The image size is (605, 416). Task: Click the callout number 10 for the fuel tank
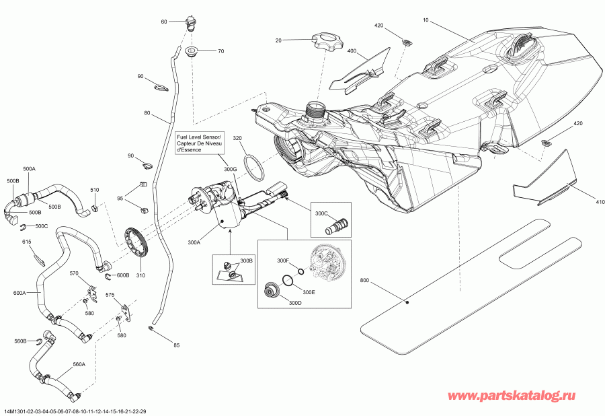[425, 22]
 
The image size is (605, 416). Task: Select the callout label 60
[163, 22]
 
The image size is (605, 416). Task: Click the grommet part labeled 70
[191, 51]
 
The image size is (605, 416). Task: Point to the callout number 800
[364, 280]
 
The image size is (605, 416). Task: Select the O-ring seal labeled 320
[254, 167]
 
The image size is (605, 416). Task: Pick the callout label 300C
[320, 214]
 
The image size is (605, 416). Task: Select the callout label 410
[581, 200]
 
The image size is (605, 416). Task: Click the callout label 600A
[20, 293]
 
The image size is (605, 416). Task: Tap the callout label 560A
[79, 364]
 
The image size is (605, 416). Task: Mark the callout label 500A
[30, 168]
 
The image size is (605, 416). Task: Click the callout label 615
[27, 242]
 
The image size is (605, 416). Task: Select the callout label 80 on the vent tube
[147, 113]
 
